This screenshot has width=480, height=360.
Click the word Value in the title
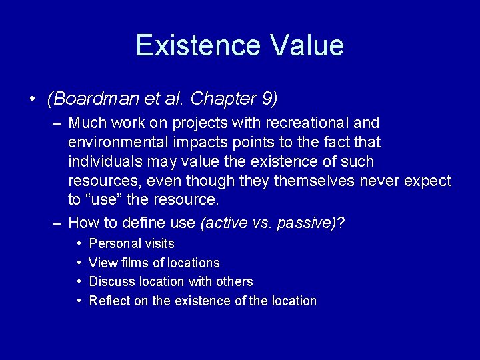[307, 45]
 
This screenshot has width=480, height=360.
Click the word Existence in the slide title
[197, 45]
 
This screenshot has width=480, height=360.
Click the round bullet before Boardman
[32, 100]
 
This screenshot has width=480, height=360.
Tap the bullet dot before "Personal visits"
[79, 244]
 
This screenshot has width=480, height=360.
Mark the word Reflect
[110, 301]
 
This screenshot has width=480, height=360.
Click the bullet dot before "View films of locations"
[79, 263]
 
